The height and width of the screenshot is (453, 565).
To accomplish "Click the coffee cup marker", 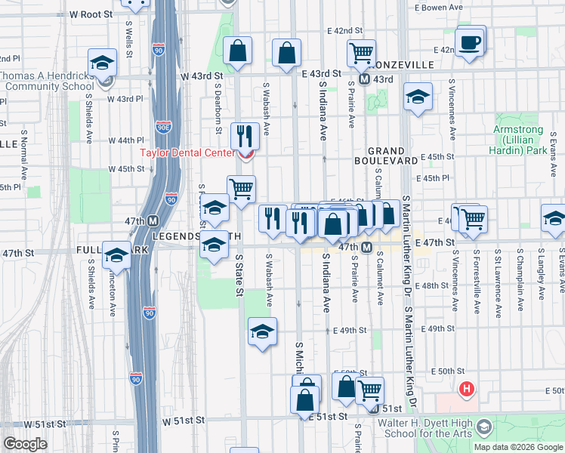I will click(471, 43).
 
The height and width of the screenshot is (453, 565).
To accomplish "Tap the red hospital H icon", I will click(467, 390).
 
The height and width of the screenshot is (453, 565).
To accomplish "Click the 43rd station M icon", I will click(363, 79).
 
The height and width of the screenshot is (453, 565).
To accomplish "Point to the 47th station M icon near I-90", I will click(153, 221).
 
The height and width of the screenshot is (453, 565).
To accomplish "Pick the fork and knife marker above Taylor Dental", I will click(244, 136).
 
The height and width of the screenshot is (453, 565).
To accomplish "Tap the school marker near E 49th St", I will click(262, 331).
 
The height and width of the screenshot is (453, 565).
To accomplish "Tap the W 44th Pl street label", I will click(125, 140).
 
